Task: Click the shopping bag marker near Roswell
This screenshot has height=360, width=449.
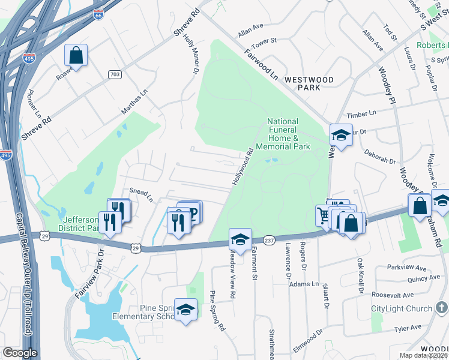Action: pos(76,56)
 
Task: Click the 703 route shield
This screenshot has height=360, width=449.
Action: pos(115,74)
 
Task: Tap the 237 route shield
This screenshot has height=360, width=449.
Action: pos(268,239)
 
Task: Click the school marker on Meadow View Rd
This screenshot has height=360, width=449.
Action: pos(240,240)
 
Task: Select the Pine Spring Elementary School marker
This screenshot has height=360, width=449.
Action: pos(186,310)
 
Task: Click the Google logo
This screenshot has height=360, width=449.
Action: pos(20,353)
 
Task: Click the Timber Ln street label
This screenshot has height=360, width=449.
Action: pos(364,113)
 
